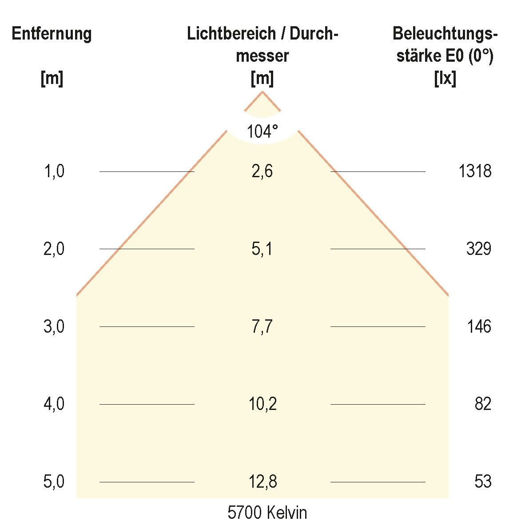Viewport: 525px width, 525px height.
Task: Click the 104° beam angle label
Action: coord(262,131)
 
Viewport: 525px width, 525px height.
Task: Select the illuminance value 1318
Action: coord(475,171)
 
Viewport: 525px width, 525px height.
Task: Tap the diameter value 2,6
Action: coord(262,171)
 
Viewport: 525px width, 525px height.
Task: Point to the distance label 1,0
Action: coord(54,171)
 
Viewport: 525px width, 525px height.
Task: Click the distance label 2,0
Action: coord(54,249)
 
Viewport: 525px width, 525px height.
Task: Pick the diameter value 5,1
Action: coord(262,249)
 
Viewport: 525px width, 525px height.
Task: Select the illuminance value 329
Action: coord(478,249)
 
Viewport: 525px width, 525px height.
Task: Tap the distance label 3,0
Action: coord(54,327)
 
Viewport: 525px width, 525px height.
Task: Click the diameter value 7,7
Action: coord(262,327)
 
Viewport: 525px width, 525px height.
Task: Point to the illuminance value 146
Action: coord(479,327)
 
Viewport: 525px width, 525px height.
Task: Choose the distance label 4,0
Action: coord(54,404)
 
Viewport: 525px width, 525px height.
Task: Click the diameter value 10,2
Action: coord(262,404)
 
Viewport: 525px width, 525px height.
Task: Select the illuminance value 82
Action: coord(483,404)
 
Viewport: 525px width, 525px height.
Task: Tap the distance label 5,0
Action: coord(54,482)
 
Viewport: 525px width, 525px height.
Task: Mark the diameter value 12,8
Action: coord(262,482)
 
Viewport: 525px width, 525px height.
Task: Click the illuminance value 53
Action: coord(483,482)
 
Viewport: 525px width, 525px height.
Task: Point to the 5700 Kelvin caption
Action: coord(267,513)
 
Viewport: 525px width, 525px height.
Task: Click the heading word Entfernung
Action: coord(52,34)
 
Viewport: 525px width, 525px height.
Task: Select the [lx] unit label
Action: coord(445,79)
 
